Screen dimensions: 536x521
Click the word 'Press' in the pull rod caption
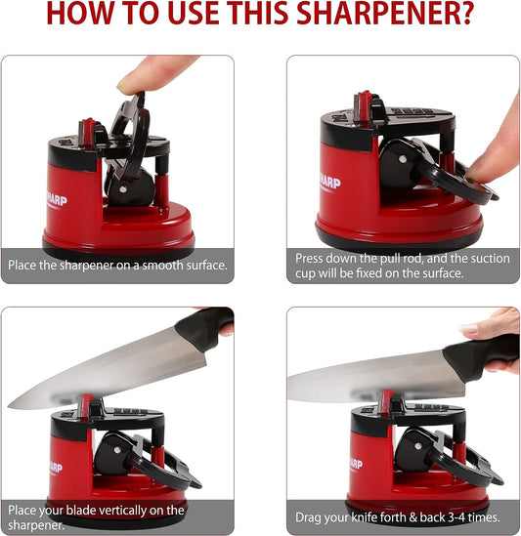coord(313,258)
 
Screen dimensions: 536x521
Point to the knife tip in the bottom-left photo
coord(14,403)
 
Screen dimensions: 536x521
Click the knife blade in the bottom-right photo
coord(371,371)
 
